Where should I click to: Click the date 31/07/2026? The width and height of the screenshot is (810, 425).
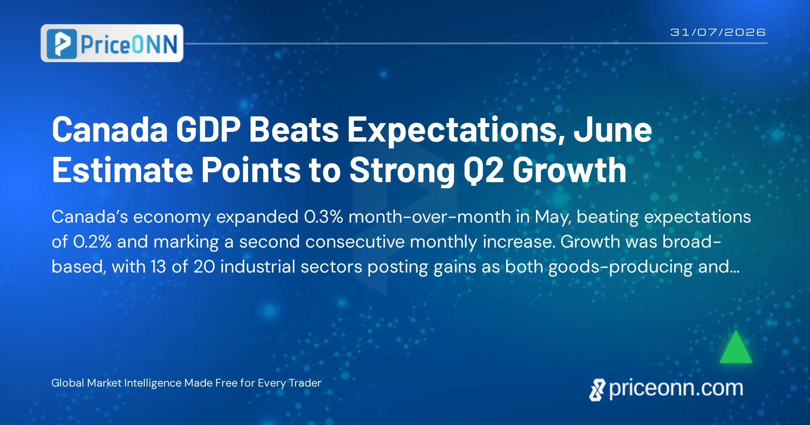tap(718, 32)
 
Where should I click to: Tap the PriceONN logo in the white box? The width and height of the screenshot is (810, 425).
tap(112, 43)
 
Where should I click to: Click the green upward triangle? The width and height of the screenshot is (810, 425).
tap(736, 347)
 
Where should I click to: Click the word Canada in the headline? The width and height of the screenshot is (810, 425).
tap(110, 130)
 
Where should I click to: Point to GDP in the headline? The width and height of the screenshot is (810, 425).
tap(208, 130)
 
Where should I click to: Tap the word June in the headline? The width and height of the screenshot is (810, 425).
tap(613, 130)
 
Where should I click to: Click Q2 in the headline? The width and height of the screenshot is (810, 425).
tap(483, 171)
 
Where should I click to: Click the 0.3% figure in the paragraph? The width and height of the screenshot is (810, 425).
tap(323, 217)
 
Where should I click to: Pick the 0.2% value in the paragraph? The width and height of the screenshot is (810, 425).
tap(92, 242)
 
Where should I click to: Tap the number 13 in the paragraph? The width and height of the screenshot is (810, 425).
tap(158, 267)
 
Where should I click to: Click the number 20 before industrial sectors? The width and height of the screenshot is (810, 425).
tap(204, 267)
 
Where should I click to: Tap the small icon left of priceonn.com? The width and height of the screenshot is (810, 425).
tap(597, 390)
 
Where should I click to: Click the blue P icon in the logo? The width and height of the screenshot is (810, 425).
tap(62, 44)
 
